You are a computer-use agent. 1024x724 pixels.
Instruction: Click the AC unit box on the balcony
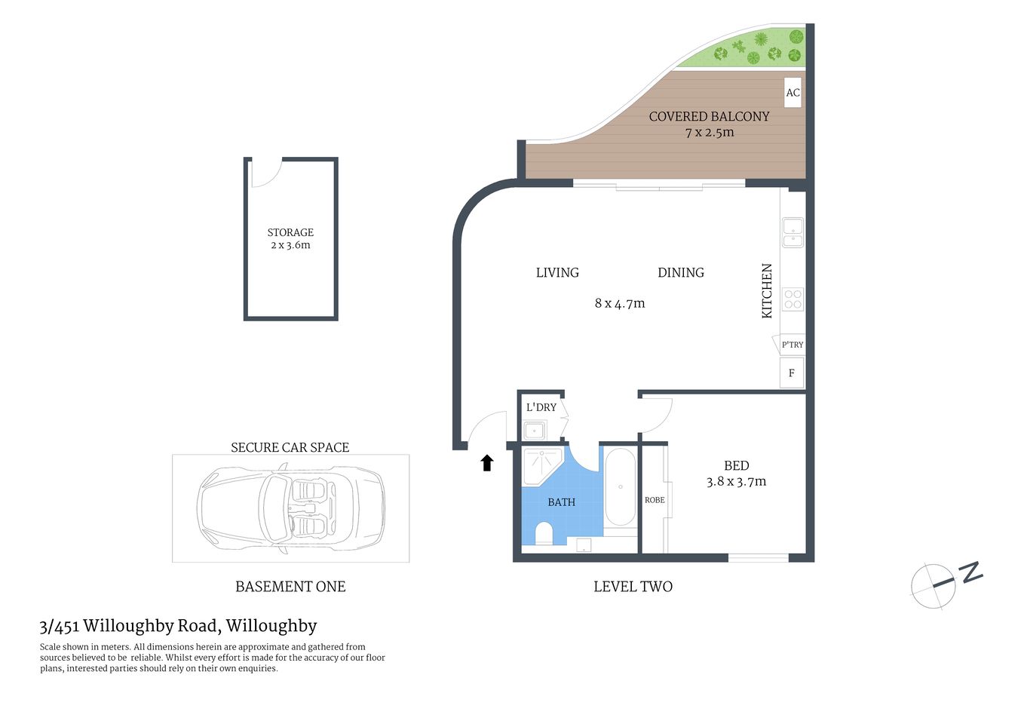tap(793, 93)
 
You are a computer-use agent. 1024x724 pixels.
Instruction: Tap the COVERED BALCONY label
tap(709, 116)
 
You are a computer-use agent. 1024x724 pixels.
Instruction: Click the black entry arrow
tap(487, 463)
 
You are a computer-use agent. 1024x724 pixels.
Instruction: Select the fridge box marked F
tap(792, 373)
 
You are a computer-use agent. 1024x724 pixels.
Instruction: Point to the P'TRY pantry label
tap(792, 345)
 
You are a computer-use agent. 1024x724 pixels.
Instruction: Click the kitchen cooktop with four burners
tap(793, 299)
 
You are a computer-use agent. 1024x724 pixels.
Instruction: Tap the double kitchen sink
tap(793, 232)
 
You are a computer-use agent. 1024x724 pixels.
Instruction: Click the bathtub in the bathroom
tap(621, 487)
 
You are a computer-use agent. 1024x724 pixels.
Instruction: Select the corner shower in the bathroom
tap(541, 465)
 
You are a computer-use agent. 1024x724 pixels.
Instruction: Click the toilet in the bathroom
tap(544, 535)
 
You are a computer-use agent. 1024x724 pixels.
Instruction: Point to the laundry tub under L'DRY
tap(535, 431)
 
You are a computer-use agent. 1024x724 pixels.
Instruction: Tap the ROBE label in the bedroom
tap(655, 500)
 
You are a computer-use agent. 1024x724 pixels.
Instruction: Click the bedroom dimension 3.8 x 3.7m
tap(736, 482)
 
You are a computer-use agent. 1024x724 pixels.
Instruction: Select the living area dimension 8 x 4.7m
tap(620, 303)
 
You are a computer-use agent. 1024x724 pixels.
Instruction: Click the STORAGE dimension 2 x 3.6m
tap(290, 245)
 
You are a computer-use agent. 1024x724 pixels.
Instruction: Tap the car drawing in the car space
tap(290, 508)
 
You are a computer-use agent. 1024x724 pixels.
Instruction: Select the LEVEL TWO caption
tap(633, 587)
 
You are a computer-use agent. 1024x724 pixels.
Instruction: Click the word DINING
tap(681, 272)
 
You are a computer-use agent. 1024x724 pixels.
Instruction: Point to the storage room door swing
tap(265, 173)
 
